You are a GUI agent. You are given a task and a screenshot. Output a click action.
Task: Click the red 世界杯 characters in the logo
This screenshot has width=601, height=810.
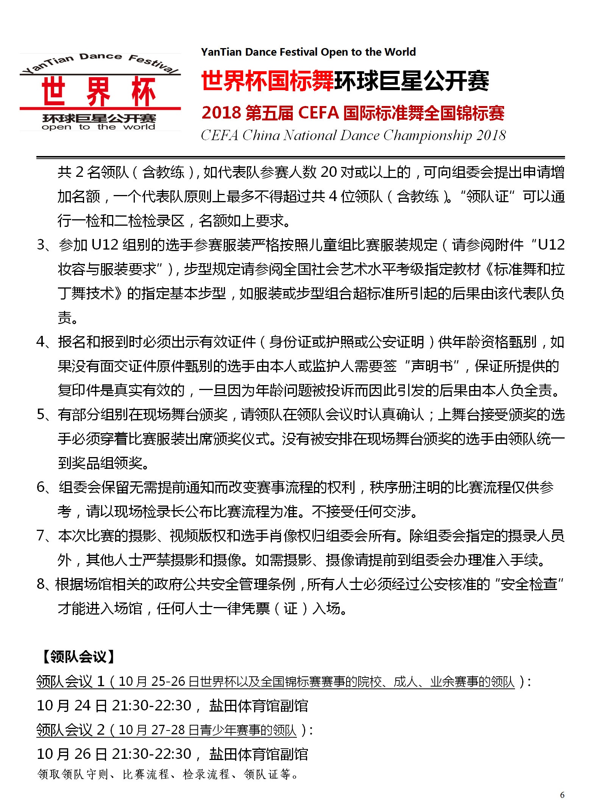[x=99, y=92]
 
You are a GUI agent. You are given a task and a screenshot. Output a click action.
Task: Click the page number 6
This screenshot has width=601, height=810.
[x=562, y=795]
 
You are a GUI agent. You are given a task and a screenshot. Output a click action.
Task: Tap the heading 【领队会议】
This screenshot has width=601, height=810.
[x=77, y=656]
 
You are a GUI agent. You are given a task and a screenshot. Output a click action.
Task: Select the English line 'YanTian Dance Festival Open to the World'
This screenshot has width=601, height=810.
[x=308, y=52]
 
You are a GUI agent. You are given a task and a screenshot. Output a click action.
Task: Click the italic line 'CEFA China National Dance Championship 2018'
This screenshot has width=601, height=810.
[x=353, y=135]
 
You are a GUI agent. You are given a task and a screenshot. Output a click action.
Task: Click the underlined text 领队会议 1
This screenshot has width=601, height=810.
[x=70, y=682]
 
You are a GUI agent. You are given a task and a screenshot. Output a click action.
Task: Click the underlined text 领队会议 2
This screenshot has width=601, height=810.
[x=70, y=730]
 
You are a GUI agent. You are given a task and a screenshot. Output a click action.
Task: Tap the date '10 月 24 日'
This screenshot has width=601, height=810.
[x=72, y=705]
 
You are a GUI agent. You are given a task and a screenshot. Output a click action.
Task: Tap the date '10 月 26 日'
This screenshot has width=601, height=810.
[x=72, y=754]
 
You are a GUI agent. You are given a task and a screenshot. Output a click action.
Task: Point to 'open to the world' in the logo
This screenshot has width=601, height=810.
[x=98, y=127]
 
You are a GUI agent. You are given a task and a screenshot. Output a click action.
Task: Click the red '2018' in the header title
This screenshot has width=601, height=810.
[x=221, y=113]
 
